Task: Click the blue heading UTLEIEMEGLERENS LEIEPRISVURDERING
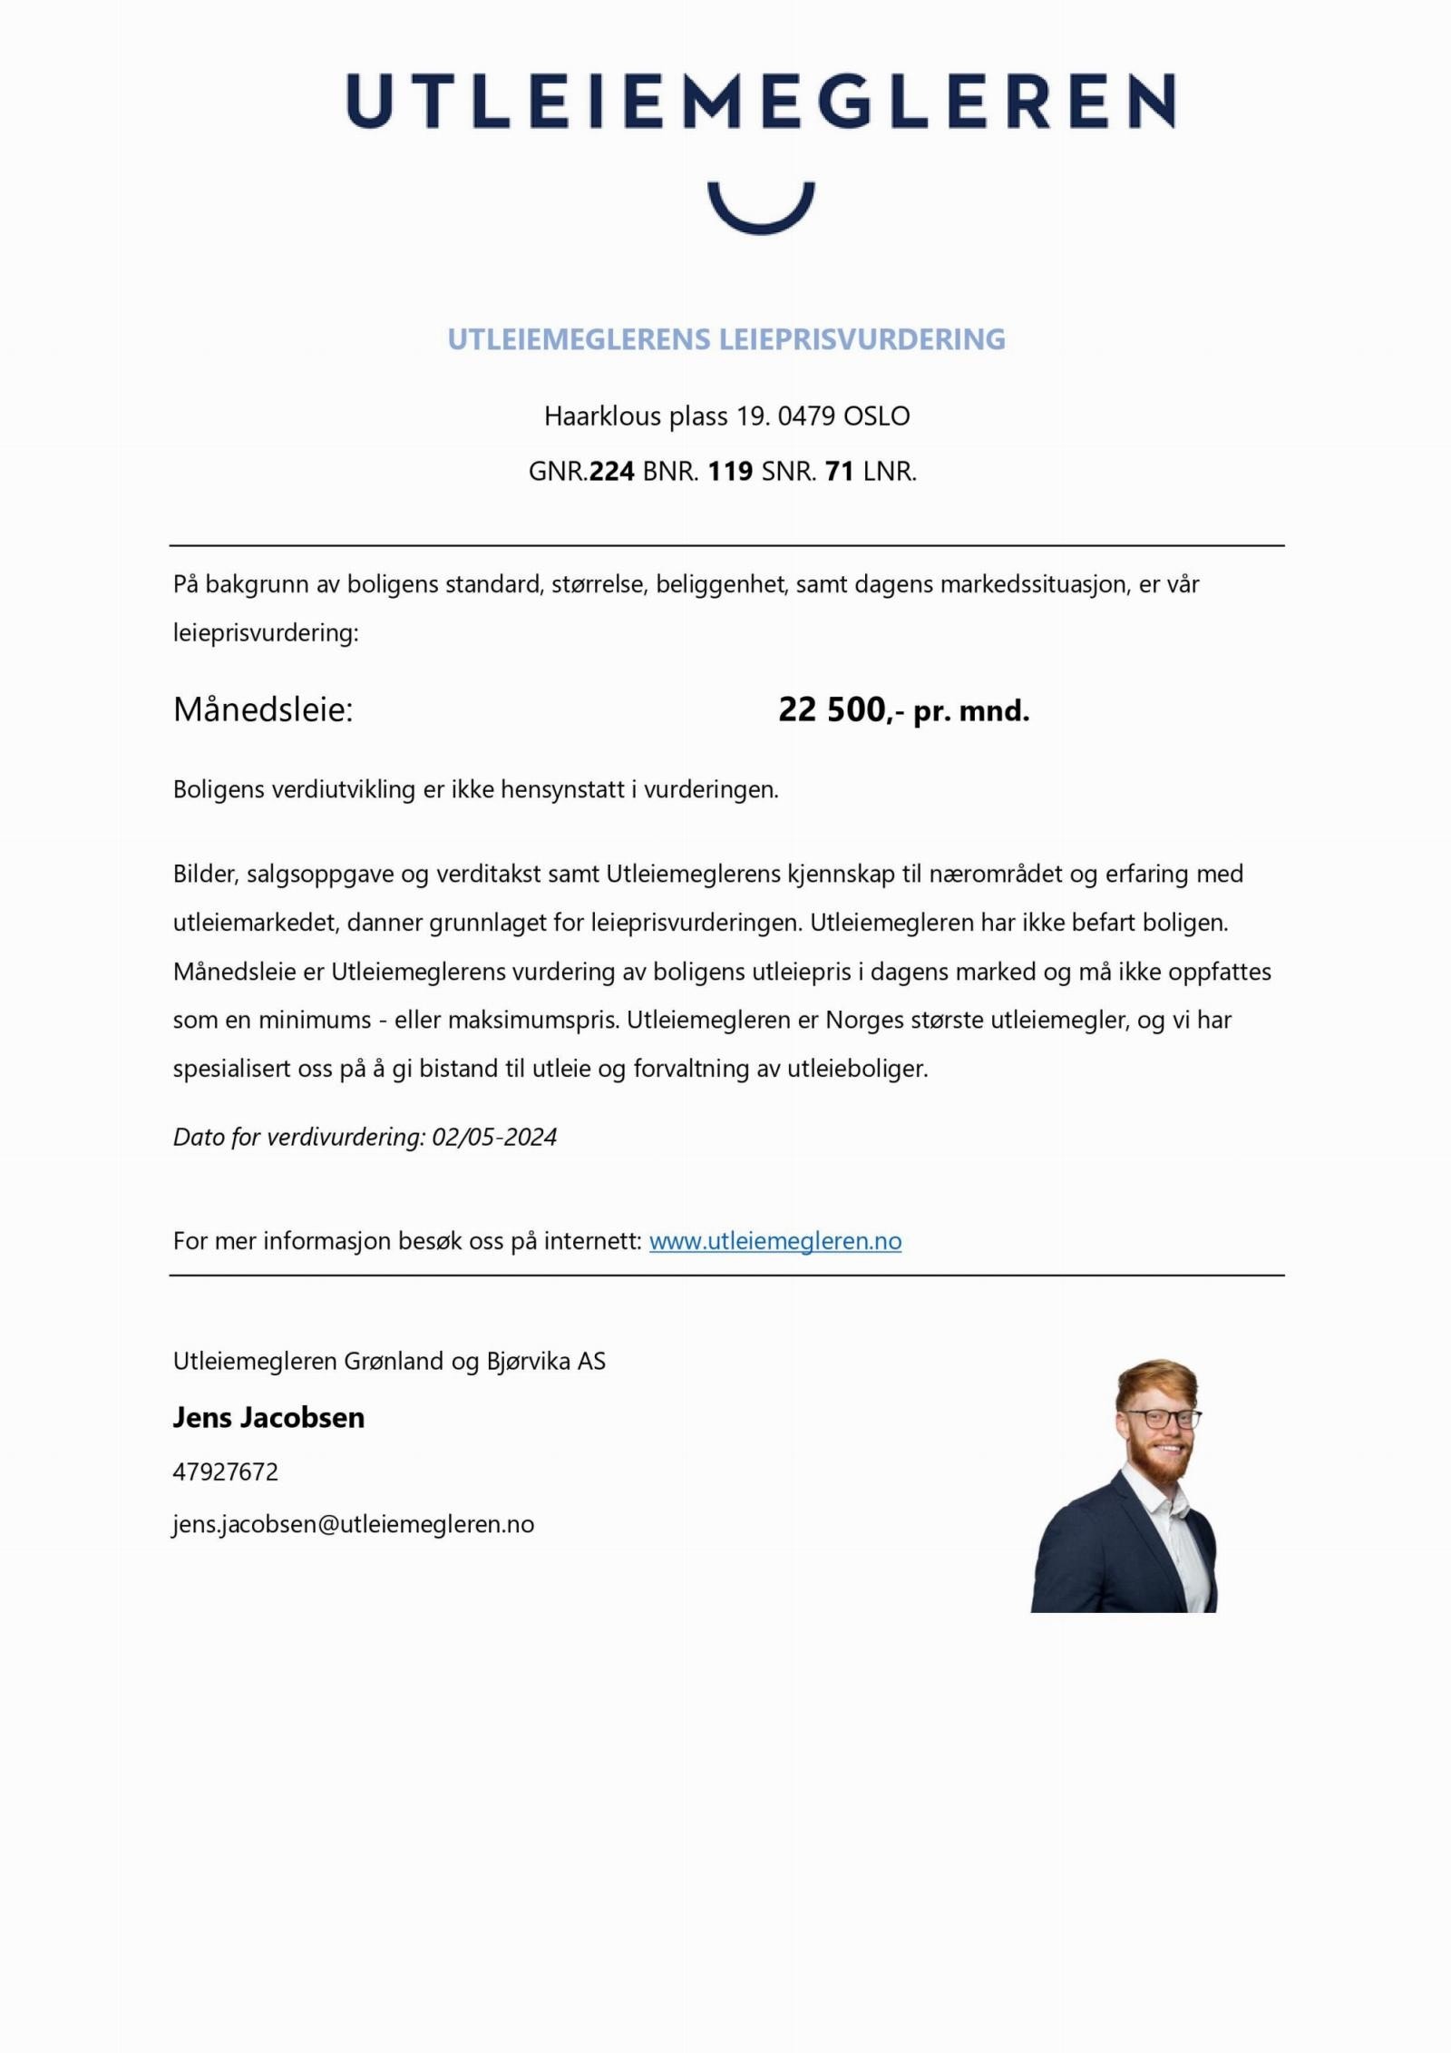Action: click(726, 339)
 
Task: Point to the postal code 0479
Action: click(806, 416)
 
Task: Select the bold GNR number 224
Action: click(611, 472)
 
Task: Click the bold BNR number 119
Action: click(730, 472)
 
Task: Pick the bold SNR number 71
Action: click(840, 472)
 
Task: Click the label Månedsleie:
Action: click(263, 709)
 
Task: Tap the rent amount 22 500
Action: click(831, 709)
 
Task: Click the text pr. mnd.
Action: click(971, 711)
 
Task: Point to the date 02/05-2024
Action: click(494, 1137)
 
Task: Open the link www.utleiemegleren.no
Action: click(775, 1241)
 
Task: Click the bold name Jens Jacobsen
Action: click(268, 1417)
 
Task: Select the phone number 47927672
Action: click(226, 1471)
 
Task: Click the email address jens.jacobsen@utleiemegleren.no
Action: click(354, 1524)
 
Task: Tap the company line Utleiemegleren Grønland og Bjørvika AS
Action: click(389, 1361)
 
